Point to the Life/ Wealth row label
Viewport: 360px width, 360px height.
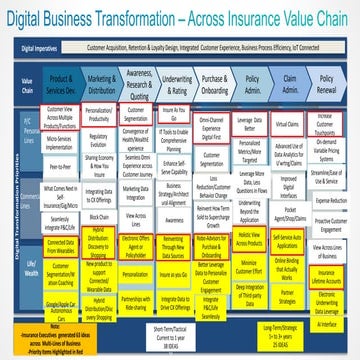pos(17,268)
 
